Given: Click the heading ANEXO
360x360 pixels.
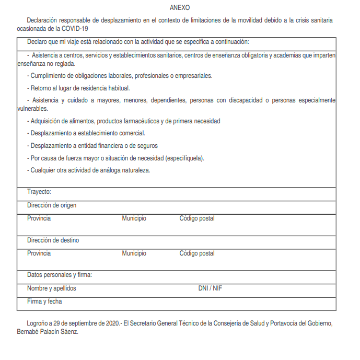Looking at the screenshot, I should tap(180, 8).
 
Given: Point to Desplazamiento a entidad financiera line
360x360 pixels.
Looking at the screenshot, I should tap(94, 146).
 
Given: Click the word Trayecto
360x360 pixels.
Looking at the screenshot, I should tap(39, 192).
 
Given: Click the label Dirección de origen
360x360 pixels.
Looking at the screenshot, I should tap(52, 205).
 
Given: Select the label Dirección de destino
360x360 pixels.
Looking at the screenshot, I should tap(53, 240).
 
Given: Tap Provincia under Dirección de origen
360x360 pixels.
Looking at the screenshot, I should tap(39, 218).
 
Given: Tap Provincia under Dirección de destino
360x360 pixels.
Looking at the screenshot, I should tap(39, 253).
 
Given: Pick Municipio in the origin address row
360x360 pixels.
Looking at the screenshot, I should tap(134, 218).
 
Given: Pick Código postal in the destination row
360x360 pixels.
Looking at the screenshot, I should tap(197, 253).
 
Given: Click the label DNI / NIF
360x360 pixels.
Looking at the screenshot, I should tap(210, 288).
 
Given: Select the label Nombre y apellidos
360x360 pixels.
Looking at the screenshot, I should tap(52, 288).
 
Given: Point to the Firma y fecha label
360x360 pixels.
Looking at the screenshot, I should tap(45, 301).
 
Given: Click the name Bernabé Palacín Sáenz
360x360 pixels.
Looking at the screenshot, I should tap(48, 332).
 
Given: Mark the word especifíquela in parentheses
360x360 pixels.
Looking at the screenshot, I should tap(184, 158).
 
